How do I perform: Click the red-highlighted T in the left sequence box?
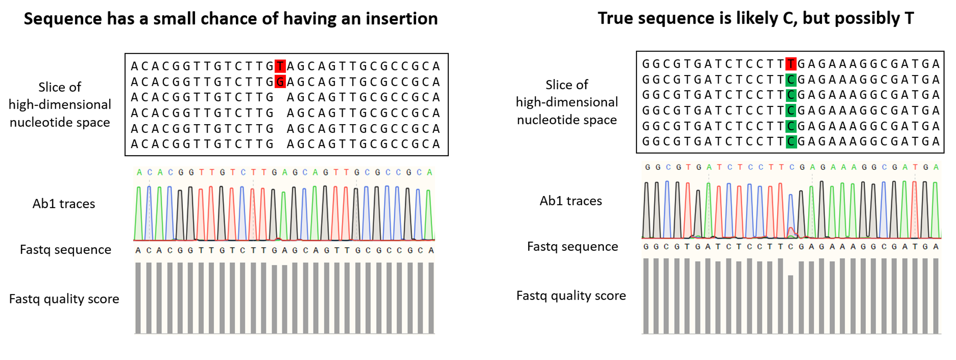(x=280, y=66)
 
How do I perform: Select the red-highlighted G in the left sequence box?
(x=280, y=81)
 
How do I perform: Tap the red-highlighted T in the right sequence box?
(x=791, y=64)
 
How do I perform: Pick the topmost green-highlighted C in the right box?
(x=791, y=79)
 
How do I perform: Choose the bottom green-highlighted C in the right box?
(x=791, y=141)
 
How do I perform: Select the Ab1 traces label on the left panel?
(x=64, y=204)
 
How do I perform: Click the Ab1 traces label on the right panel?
(x=571, y=201)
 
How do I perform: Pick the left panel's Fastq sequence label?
(x=66, y=249)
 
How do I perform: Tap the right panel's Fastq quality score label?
(x=571, y=295)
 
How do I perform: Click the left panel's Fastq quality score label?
(x=64, y=299)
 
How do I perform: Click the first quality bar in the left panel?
(x=138, y=298)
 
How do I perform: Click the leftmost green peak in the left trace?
(x=139, y=214)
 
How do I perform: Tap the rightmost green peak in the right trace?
(x=935, y=210)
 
